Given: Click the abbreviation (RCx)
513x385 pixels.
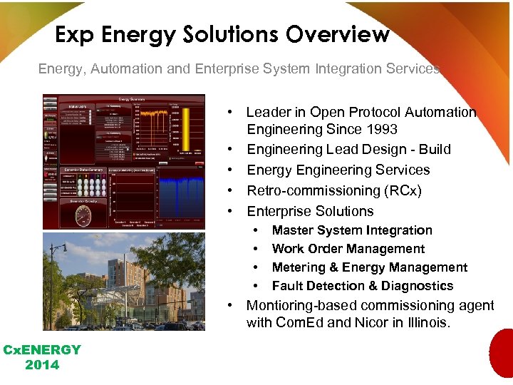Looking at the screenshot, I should pos(401,190).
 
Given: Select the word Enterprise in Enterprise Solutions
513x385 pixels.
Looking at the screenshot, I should pos(279,211).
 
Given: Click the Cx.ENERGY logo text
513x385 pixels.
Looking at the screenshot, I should pos(43,350).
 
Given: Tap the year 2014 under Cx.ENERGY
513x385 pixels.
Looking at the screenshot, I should pos(43,365).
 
